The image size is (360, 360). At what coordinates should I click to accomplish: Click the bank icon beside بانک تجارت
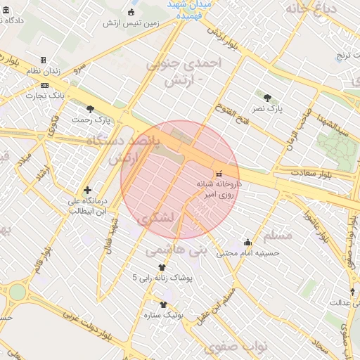[x=44, y=85]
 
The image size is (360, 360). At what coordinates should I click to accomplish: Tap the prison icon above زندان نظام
[x=44, y=60]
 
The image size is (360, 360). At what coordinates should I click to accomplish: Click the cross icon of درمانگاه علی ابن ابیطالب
[x=87, y=190]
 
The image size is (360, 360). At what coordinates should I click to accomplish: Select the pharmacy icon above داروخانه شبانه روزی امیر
[x=219, y=173]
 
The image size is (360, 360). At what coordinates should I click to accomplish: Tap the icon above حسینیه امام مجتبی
[x=247, y=243]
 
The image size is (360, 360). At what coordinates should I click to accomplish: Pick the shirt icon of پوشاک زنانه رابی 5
[x=162, y=267]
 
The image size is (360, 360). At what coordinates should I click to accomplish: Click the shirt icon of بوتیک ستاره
[x=164, y=304]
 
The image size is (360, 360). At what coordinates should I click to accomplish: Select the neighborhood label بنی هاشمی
[x=176, y=249]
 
